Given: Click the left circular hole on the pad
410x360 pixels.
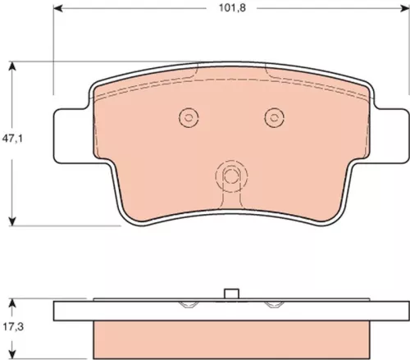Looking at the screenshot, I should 189,118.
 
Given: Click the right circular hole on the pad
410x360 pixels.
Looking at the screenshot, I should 274,118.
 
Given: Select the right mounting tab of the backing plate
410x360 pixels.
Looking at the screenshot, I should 392,136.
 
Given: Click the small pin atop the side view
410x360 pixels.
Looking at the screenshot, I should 232,296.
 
